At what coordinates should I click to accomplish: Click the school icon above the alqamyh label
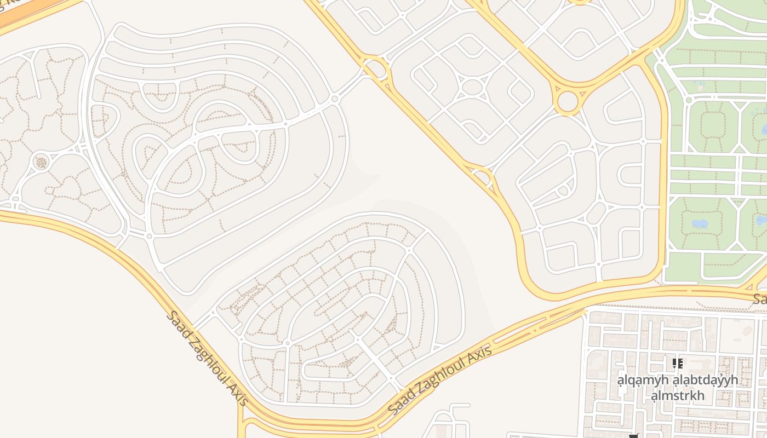click(678, 363)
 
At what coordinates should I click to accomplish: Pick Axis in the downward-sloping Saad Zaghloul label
click(239, 395)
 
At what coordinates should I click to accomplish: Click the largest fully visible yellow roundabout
click(568, 101)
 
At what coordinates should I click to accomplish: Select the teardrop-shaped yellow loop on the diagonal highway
click(482, 177)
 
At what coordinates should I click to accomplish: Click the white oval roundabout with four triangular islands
click(472, 87)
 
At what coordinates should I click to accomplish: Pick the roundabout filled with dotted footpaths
click(41, 162)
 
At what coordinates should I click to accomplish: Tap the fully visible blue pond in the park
click(699, 223)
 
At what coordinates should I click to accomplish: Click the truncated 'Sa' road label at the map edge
click(759, 299)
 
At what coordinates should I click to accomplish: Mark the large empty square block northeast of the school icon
click(737, 333)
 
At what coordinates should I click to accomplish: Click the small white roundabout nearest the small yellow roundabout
click(334, 99)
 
